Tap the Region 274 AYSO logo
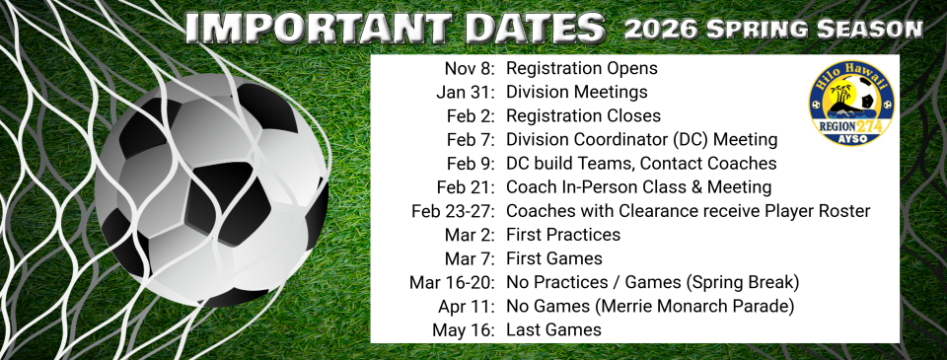[x=851, y=103]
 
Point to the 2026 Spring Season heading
[x=772, y=30]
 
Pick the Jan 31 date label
[x=466, y=93]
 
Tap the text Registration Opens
[x=581, y=69]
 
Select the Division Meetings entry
[x=576, y=93]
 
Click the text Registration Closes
[x=583, y=116]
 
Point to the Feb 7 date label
[x=471, y=140]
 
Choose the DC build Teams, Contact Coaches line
[x=641, y=164]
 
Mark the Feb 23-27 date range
[x=453, y=211]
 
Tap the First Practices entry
[x=562, y=235]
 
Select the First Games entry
[x=553, y=258]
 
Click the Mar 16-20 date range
[x=452, y=282]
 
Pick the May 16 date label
[x=463, y=329]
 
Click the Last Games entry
[x=552, y=329]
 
